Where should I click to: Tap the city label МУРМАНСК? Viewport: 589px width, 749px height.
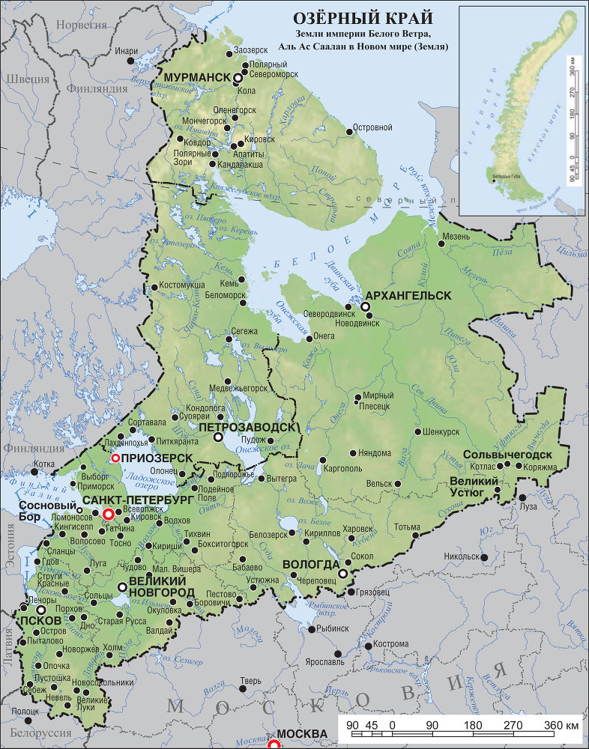196,78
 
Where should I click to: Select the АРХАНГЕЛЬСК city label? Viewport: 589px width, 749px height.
412,296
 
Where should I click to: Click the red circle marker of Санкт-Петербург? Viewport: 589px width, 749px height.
108,515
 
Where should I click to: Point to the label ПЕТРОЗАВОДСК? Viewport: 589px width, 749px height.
248,426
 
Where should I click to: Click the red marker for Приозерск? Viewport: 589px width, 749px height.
115,458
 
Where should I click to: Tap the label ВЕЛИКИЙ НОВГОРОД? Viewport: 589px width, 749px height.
157,586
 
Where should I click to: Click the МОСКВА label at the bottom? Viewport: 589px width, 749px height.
303,733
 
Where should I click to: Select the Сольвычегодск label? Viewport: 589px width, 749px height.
508,455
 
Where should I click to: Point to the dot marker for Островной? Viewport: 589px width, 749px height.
350,132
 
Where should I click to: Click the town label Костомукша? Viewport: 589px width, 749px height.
183,287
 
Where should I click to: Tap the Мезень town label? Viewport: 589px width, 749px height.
456,237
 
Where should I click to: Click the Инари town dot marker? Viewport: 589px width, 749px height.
132,59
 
